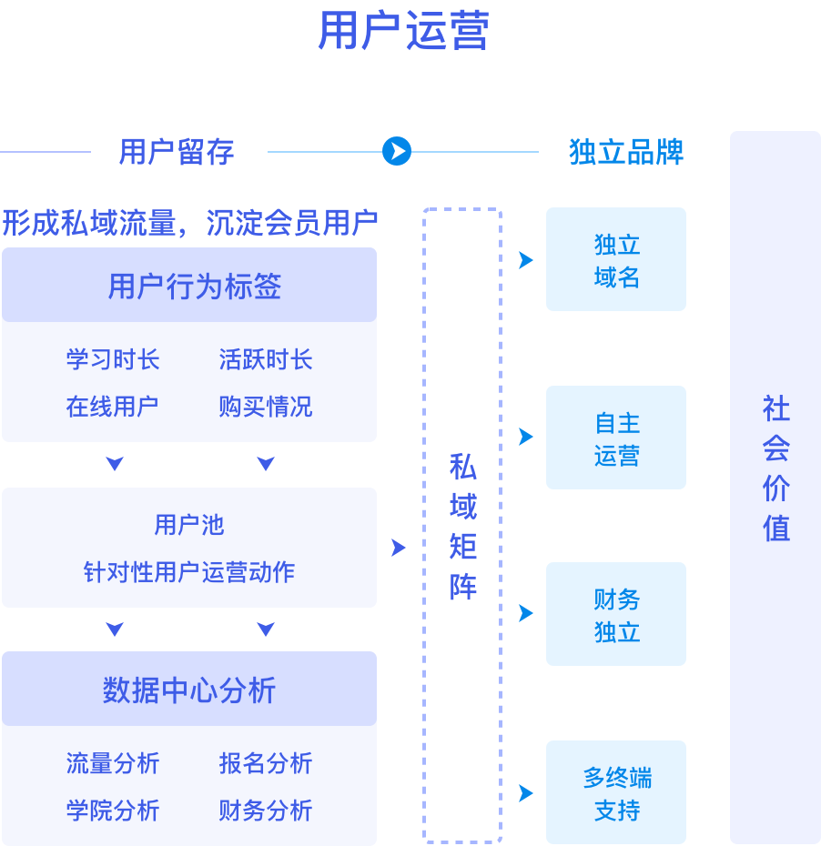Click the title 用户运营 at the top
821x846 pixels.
[403, 31]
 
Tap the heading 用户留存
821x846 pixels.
[177, 152]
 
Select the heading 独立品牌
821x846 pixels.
[626, 152]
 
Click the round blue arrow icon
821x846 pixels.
[397, 151]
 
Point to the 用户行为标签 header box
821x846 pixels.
[189, 286]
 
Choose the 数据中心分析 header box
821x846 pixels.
[189, 690]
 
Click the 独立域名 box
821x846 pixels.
[616, 260]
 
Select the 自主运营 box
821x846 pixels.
[616, 438]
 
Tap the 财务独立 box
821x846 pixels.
[616, 615]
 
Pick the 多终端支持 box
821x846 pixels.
[616, 793]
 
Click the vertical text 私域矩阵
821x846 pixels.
[462, 528]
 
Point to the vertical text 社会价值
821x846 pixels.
[775, 468]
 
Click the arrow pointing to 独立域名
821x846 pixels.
[525, 260]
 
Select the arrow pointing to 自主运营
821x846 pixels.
[525, 437]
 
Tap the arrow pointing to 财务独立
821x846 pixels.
[525, 613]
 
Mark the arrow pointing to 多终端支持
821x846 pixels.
[525, 793]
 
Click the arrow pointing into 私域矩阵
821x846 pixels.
[398, 548]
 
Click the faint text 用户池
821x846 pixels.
[188, 525]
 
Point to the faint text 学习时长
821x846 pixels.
[113, 359]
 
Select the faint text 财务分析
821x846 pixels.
[265, 810]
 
